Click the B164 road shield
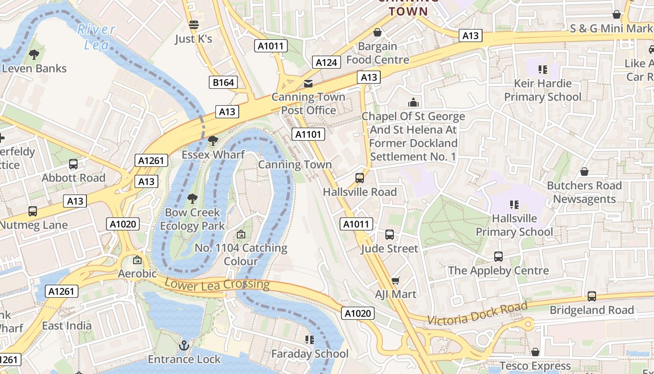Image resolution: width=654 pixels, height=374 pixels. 223,83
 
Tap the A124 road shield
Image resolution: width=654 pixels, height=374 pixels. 326,62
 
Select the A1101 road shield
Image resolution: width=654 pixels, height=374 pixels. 308,135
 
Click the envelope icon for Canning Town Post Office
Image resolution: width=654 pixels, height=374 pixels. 308,84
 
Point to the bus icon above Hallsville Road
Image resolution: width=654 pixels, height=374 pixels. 360,178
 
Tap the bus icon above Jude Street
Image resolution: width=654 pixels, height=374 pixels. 390,235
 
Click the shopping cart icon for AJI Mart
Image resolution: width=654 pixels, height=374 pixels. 396,280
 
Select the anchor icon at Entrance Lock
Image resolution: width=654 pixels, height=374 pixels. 184,345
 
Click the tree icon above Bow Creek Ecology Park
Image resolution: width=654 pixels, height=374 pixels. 192,199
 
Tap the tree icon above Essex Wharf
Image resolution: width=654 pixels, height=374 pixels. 213,140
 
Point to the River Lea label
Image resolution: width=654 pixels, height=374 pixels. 96,37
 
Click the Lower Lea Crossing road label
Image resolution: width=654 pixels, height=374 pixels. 217,284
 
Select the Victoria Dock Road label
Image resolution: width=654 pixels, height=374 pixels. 477,315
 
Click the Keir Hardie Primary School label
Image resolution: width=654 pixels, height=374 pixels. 542,90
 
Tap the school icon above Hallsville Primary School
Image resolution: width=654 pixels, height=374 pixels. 514,205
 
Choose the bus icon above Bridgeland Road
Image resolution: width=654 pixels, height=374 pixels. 592,296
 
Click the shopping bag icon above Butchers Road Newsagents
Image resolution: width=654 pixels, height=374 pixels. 584,172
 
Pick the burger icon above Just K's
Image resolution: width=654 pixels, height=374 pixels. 193,25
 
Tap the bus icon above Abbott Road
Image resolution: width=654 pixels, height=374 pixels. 73,164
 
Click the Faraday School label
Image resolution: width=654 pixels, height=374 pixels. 310,354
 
